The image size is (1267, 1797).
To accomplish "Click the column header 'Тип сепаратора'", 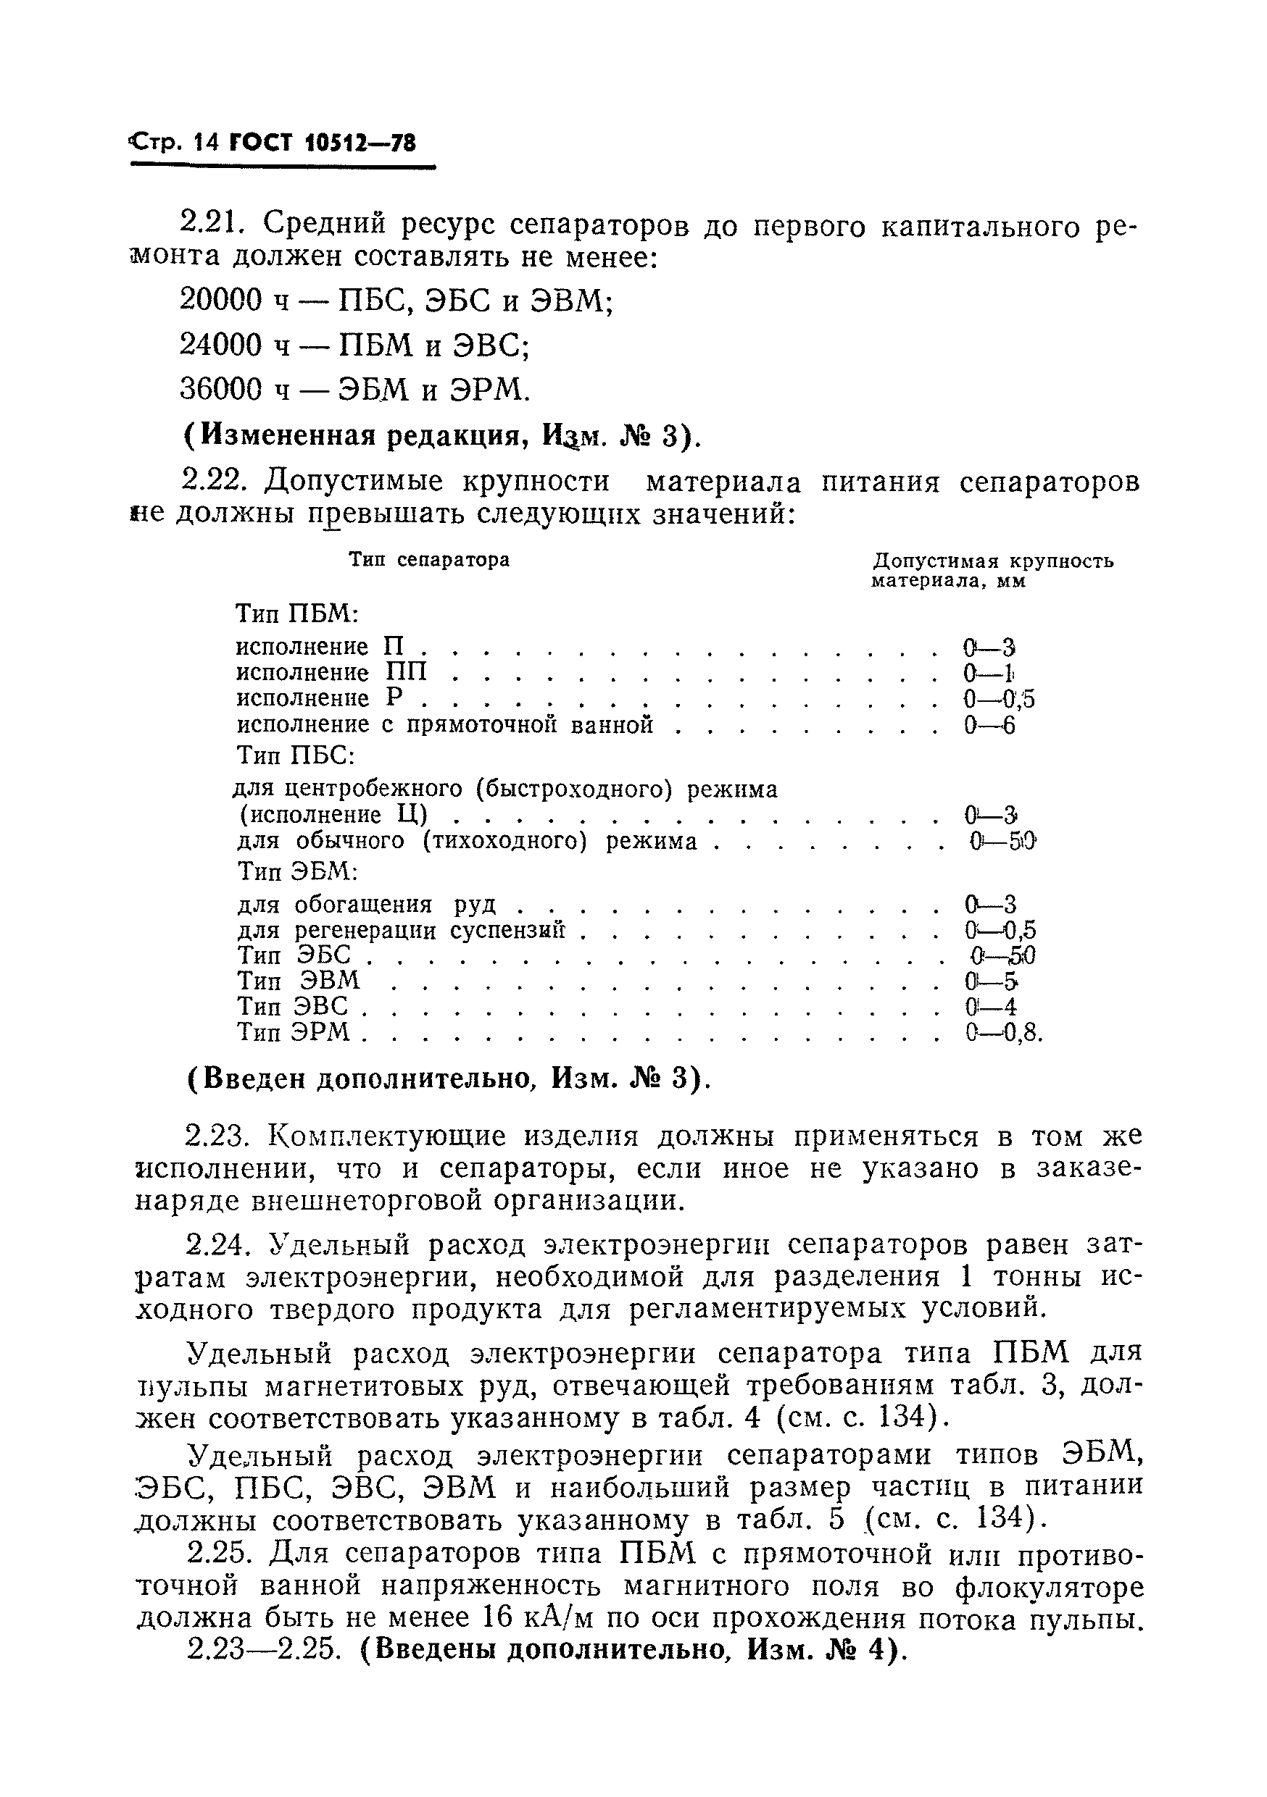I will point(429,560).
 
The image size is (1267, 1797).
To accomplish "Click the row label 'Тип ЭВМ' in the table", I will point(299,981).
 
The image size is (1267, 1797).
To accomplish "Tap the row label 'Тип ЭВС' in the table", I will point(292,1007).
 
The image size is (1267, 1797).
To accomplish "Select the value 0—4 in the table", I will point(990,1007).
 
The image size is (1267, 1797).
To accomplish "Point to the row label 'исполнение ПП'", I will point(332,672).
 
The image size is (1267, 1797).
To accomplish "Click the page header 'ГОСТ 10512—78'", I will point(321,143).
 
